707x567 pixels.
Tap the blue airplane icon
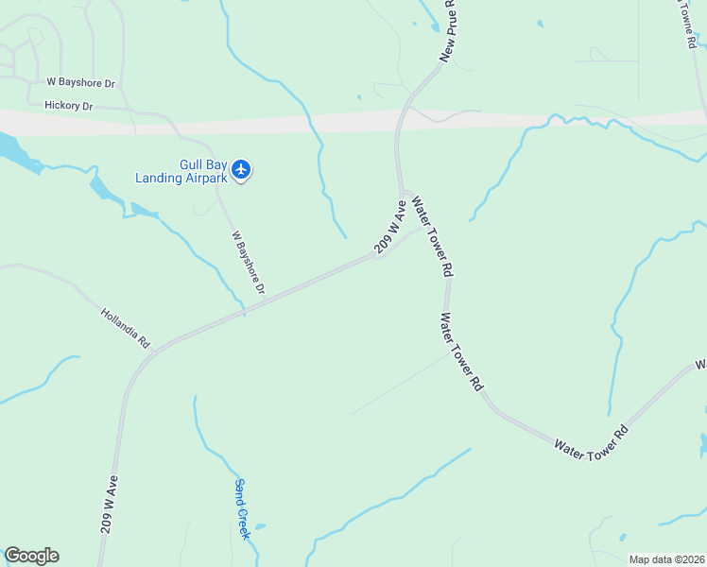coord(241,170)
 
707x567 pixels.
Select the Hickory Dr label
coord(68,106)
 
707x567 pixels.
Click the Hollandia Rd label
coord(125,326)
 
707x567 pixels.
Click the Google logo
coord(31,556)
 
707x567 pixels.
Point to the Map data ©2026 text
coord(665,559)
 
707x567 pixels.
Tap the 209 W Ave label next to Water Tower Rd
coord(390,228)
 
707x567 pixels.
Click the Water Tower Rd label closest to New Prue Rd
coord(430,235)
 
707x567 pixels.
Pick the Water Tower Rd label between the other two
coord(459,352)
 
